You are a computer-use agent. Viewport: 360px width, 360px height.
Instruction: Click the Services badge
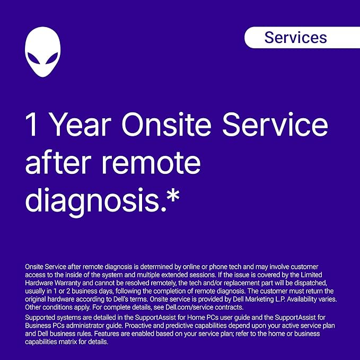pyautogui.click(x=302, y=38)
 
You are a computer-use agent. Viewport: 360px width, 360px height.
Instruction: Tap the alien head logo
pyautogui.click(x=43, y=52)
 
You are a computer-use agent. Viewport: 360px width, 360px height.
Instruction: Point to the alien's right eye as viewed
pyautogui.click(x=51, y=58)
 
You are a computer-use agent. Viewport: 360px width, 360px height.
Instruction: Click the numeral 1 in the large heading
pyautogui.click(x=31, y=125)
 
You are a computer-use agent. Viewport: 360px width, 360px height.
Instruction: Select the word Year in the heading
pyautogui.click(x=81, y=125)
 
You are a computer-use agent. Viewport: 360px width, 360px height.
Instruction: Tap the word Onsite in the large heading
pyautogui.click(x=166, y=125)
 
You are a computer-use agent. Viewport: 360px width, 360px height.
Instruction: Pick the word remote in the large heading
pyautogui.click(x=151, y=163)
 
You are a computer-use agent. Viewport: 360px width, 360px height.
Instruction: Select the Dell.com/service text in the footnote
pyautogui.click(x=189, y=307)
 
